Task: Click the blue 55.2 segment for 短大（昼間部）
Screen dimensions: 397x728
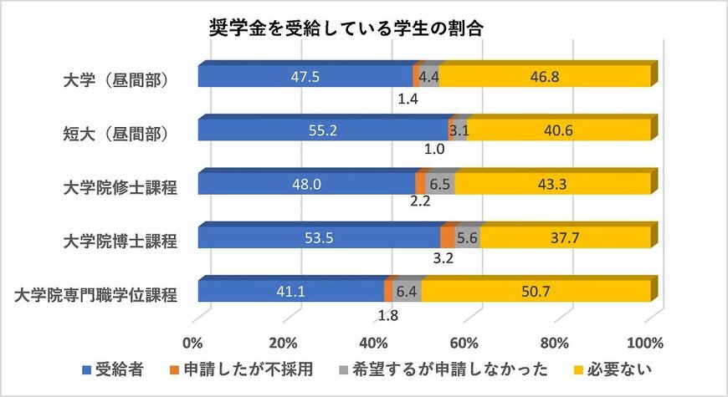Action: [x=323, y=131]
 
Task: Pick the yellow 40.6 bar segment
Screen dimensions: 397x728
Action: [x=559, y=131]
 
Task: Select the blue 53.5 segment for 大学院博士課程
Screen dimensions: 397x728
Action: [x=319, y=238]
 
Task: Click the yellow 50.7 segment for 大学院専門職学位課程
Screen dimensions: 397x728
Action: [x=536, y=292]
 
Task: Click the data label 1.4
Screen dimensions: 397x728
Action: [x=408, y=98]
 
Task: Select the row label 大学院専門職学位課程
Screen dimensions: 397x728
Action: [x=96, y=294]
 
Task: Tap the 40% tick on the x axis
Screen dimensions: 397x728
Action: [x=375, y=343]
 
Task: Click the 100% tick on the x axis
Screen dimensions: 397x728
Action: [x=644, y=343]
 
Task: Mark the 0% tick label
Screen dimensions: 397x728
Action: [x=193, y=343]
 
